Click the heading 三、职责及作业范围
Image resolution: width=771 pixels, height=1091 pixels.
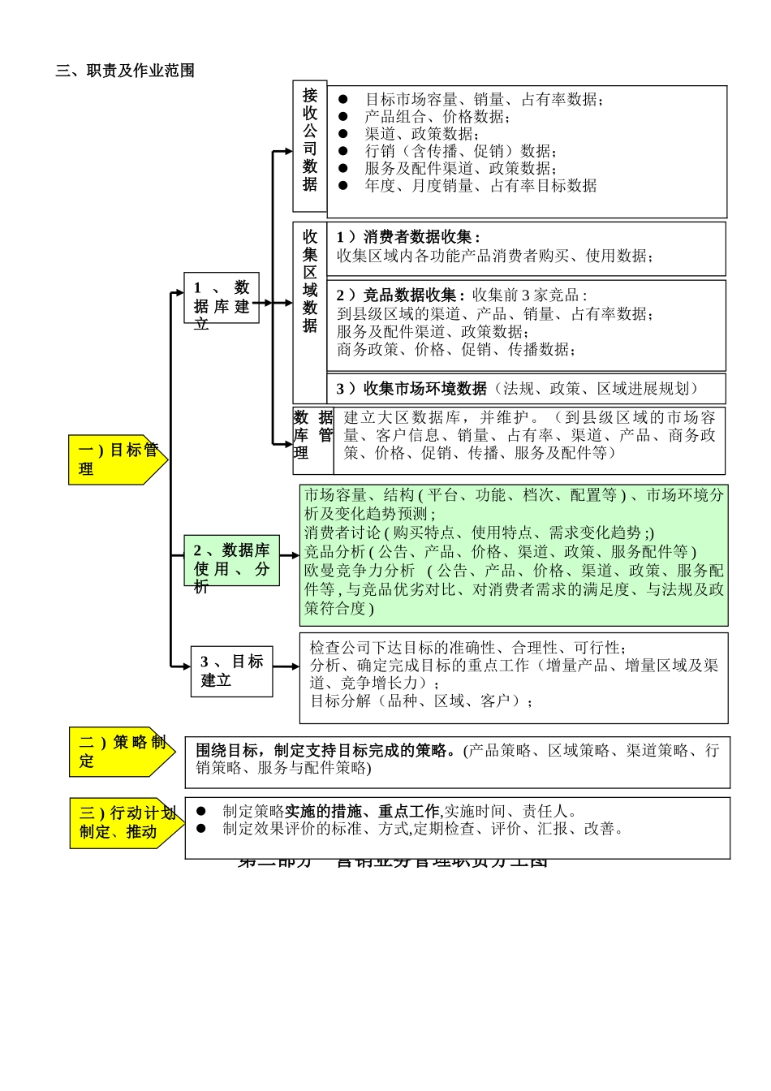pyautogui.click(x=125, y=71)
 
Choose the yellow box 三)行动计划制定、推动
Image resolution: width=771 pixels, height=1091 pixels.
pyautogui.click(x=125, y=822)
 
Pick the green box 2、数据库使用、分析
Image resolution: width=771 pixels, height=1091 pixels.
pyautogui.click(x=230, y=559)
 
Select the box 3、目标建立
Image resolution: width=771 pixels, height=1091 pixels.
pyautogui.click(x=231, y=671)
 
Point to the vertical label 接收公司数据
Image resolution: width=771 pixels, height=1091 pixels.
pyautogui.click(x=310, y=140)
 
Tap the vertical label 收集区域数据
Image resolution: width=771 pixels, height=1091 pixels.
pyautogui.click(x=310, y=281)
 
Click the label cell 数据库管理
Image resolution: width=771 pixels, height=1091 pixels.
pyautogui.click(x=312, y=435)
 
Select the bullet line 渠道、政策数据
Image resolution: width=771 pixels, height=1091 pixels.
pyautogui.click(x=422, y=134)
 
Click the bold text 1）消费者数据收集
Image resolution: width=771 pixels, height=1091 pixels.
pyautogui.click(x=408, y=237)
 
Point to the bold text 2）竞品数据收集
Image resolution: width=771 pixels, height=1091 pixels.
pyautogui.click(x=401, y=295)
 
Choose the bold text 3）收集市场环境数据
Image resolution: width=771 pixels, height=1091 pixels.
pyautogui.click(x=411, y=389)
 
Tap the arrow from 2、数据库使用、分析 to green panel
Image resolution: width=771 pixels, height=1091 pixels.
pyautogui.click(x=291, y=556)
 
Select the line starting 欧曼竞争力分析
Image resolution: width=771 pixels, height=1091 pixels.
pyautogui.click(x=514, y=571)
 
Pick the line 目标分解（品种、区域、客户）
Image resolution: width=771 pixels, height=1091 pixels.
pyautogui.click(x=422, y=701)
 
